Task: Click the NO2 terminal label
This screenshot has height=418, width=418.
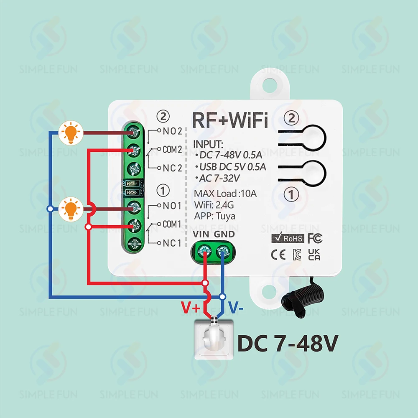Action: click(172, 131)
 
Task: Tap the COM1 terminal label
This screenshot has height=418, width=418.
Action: click(172, 224)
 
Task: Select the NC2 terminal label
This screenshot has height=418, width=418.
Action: click(172, 168)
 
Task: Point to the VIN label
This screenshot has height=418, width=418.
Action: click(201, 234)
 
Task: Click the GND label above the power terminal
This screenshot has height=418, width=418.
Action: click(224, 234)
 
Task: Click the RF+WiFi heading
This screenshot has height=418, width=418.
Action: click(230, 120)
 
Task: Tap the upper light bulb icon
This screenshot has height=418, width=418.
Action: click(71, 133)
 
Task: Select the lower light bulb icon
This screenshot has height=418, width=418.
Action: click(71, 209)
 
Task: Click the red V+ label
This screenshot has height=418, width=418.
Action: click(190, 307)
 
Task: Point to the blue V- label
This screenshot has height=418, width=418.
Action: click(236, 307)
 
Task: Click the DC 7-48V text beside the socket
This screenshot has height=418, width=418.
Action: click(288, 343)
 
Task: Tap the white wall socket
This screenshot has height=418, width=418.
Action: click(214, 339)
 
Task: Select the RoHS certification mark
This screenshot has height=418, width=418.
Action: click(288, 238)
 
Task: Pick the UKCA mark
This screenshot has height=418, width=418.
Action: click(314, 255)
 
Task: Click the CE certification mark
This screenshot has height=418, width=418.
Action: click(278, 255)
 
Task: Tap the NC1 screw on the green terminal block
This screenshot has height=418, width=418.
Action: click(135, 243)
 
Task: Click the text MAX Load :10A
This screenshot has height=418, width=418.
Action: click(225, 194)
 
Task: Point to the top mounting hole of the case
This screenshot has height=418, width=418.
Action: click(270, 85)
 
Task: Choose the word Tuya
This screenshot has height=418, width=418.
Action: click(226, 216)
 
